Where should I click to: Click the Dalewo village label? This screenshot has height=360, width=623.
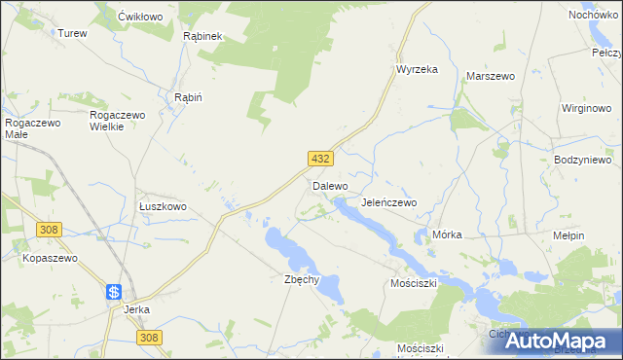(x=330, y=185)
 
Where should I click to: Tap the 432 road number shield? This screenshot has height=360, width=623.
(x=321, y=159)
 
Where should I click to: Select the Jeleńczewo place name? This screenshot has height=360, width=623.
(x=388, y=202)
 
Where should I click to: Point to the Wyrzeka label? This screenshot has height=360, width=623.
(x=417, y=69)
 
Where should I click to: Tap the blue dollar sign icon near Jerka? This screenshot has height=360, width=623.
(x=114, y=291)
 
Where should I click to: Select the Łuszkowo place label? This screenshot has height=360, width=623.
(x=163, y=207)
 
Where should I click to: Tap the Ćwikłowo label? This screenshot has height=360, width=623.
(x=138, y=18)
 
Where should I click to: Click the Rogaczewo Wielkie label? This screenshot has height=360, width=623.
(x=118, y=121)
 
